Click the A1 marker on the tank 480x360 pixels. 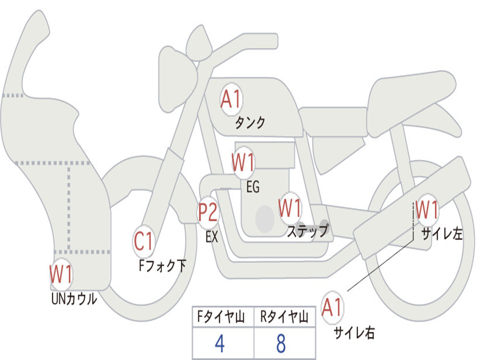coord(232,99)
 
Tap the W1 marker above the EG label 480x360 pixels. coord(243,162)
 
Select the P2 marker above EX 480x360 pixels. coord(208,212)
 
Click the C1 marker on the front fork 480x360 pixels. coord(143,241)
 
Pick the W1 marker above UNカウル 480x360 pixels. coord(61,274)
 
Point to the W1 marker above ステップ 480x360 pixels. coord(290,208)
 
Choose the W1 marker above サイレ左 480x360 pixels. coord(427,210)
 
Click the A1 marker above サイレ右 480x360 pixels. coord(332,307)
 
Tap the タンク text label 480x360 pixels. coord(250,123)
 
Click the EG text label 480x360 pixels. coord(253,187)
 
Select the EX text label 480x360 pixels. coord(212,237)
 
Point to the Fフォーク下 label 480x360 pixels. coord(162,265)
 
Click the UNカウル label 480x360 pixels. coord(74,299)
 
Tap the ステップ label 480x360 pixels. coord(307,231)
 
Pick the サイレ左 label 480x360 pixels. coord(442,234)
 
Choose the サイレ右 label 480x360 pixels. coord(354,332)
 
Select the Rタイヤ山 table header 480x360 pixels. coord(284,317)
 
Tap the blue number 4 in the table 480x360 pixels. coord(220,344)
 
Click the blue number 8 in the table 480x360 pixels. coord(281,344)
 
